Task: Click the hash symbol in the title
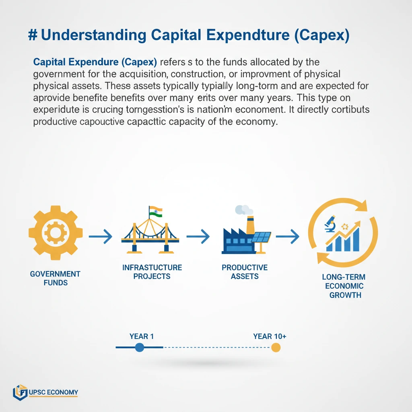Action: click(x=33, y=35)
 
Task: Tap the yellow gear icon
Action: click(x=56, y=233)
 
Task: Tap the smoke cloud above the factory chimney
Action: click(x=244, y=210)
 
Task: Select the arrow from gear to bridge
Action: click(x=100, y=237)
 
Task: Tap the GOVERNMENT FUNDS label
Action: click(x=55, y=278)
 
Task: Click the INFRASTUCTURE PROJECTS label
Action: click(x=152, y=272)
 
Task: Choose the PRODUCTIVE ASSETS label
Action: click(x=245, y=272)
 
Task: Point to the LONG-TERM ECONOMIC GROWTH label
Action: click(x=343, y=286)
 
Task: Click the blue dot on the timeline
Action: click(x=140, y=347)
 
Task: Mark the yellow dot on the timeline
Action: click(x=276, y=347)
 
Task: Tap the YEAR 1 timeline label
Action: click(x=142, y=336)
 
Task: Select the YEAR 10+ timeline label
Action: click(x=270, y=336)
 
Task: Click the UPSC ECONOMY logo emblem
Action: click(x=20, y=392)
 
